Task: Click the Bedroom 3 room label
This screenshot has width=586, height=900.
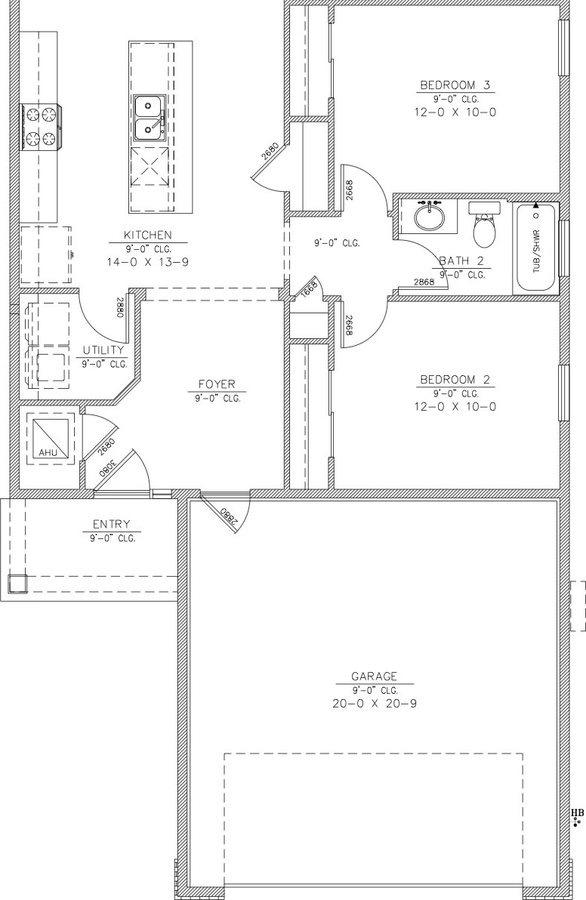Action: point(455,85)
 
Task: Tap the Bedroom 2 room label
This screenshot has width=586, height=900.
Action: point(455,379)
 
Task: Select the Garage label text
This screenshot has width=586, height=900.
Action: point(375,677)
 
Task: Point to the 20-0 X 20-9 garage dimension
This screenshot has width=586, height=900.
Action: point(375,703)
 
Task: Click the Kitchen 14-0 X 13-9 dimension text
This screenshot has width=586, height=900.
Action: point(147,262)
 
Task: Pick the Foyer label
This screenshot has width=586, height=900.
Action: point(217,384)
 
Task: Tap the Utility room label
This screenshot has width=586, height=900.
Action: point(103,350)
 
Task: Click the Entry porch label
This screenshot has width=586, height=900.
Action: point(111,524)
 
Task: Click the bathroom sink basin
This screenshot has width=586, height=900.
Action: point(429,216)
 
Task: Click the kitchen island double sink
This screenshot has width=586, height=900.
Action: point(150,119)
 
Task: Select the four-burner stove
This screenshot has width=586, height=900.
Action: point(40,127)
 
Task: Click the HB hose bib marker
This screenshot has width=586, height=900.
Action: point(577,812)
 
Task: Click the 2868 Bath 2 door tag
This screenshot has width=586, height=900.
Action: point(424,282)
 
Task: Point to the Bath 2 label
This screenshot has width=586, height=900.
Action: point(461,260)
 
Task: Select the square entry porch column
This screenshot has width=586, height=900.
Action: point(17,583)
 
